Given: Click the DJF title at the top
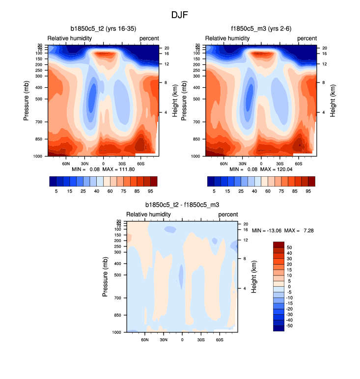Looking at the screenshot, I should (180, 15).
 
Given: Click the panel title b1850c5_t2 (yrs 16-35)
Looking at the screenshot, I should (103, 29).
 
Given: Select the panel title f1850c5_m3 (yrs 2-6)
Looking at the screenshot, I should (260, 29).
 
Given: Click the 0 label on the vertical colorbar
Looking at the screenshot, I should (288, 287).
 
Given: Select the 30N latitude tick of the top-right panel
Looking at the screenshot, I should (242, 163).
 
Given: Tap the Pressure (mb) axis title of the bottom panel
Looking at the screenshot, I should (105, 276).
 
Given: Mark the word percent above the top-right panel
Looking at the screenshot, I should (307, 38).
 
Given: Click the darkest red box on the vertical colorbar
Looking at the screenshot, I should (278, 244).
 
